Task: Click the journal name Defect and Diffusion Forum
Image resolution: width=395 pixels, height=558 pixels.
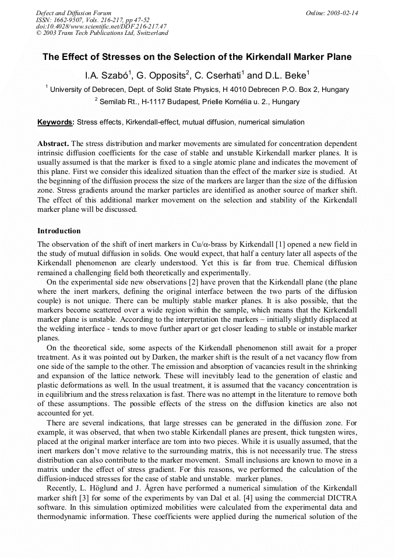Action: coord(73,13)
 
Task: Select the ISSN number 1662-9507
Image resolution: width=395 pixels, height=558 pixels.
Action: coord(69,20)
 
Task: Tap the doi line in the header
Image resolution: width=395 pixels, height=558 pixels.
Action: coord(101,27)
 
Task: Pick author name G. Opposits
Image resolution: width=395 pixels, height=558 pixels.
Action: coord(160,76)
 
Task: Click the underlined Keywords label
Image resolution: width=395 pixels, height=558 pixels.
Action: coord(55,122)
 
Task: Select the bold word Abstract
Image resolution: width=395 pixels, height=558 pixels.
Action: coord(53,143)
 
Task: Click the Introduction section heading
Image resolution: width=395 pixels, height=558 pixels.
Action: coord(59,231)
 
